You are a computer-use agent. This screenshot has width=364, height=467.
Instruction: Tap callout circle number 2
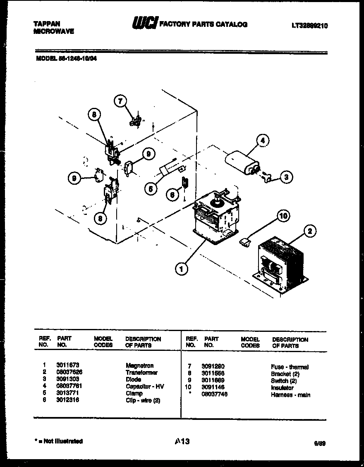click(x=309, y=231)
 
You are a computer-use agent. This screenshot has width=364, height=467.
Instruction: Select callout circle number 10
click(x=283, y=216)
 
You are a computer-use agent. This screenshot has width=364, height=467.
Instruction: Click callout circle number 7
click(x=120, y=101)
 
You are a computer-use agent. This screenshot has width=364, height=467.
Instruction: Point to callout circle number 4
click(x=262, y=141)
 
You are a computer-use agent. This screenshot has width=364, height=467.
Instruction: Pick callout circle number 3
click(x=286, y=177)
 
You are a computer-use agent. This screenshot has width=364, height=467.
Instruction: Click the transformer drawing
click(x=280, y=265)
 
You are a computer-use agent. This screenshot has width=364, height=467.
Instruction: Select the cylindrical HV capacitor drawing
click(x=242, y=164)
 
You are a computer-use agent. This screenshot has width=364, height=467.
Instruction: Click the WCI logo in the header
click(x=144, y=24)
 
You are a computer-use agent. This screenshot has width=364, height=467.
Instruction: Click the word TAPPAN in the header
click(x=47, y=24)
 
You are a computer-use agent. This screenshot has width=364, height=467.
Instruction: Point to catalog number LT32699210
click(x=309, y=25)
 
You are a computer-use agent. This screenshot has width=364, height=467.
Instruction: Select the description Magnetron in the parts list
click(x=139, y=365)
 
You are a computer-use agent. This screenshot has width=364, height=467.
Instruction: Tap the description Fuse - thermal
click(x=290, y=367)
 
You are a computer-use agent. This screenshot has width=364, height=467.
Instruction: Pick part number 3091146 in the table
click(x=213, y=388)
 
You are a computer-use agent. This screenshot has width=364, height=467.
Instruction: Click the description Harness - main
click(x=290, y=395)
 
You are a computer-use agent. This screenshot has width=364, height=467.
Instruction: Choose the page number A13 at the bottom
click(x=182, y=441)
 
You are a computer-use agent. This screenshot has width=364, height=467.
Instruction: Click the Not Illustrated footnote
click(x=58, y=441)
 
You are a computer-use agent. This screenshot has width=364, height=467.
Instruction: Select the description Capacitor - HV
click(x=145, y=386)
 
